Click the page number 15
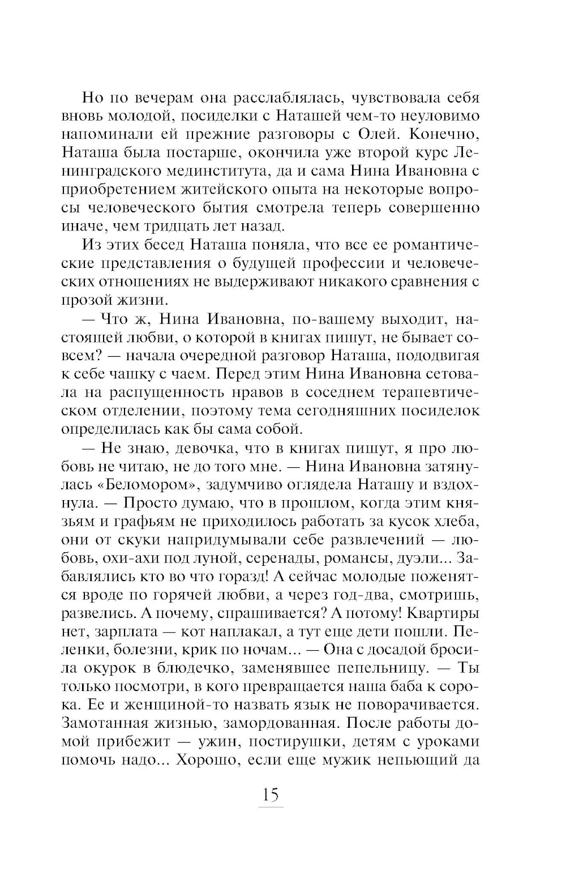coord(271,795)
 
